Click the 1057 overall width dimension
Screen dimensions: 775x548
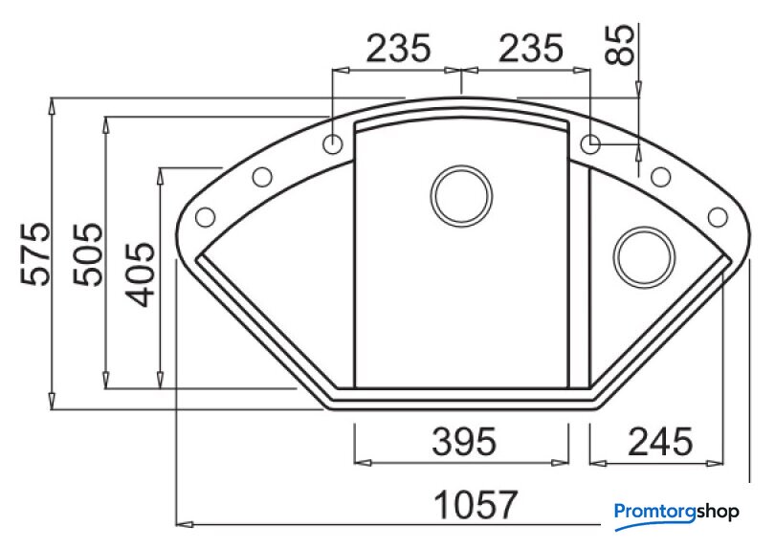476,504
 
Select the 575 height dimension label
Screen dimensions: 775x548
35,254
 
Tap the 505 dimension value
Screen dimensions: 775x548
88,254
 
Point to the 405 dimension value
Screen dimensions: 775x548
141,274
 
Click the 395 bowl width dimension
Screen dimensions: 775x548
464,441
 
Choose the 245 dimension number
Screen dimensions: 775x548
660,441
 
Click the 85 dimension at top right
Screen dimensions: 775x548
620,45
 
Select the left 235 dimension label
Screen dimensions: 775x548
398,49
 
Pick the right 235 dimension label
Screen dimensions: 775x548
531,49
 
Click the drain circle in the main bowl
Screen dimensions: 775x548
461,196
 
